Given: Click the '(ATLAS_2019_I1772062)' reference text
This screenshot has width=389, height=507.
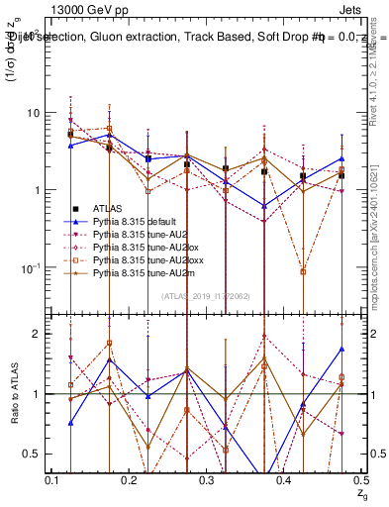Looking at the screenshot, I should pos(206,295).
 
